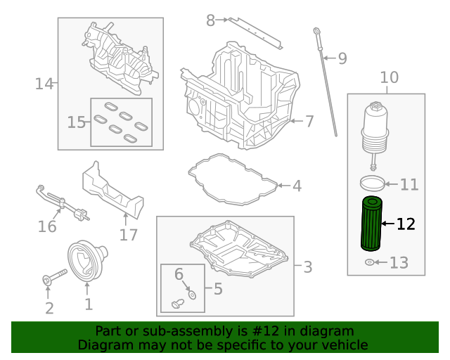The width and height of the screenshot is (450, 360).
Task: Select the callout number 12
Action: point(406,224)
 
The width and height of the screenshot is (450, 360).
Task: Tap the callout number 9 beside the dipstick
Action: point(342,58)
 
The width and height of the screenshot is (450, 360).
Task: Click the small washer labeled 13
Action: point(370,263)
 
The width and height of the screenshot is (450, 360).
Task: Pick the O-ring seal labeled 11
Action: point(373,184)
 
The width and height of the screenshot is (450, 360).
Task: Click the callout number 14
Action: point(44,84)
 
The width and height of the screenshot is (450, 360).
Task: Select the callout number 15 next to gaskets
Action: point(76,122)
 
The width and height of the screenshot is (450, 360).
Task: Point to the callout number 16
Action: point(47,226)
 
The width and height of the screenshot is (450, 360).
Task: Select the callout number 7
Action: point(309,121)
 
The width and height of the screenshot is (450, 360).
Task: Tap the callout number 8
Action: point(210,20)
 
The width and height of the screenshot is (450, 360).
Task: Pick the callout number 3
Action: point(307,267)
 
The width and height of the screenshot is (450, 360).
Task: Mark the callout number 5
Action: point(217,288)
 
